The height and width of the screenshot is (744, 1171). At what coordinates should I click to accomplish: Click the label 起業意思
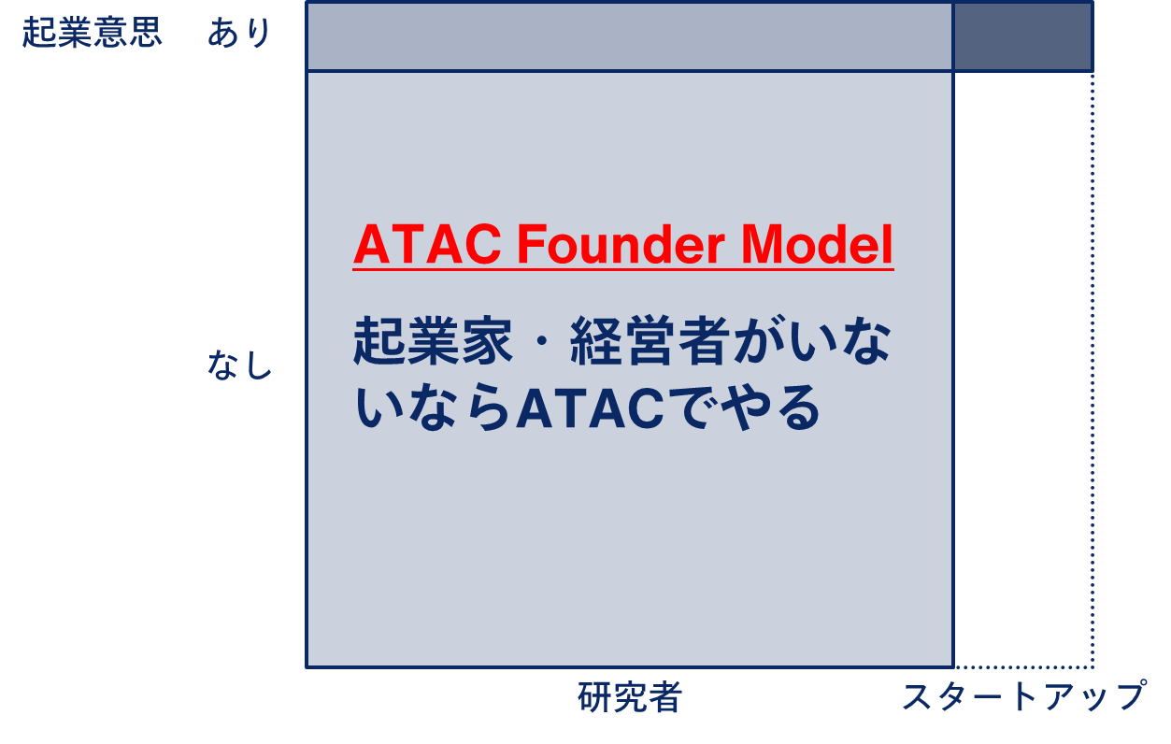[92, 33]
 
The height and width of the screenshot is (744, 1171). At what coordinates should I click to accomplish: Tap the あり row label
[239, 33]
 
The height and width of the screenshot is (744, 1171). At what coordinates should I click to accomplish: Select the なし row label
[240, 365]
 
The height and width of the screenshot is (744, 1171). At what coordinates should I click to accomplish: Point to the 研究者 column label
[629, 696]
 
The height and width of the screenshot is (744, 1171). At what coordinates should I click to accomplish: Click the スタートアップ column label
[1024, 696]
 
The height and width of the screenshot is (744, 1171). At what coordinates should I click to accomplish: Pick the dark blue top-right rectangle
[1023, 36]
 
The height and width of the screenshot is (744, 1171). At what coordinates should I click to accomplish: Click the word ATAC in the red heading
[427, 245]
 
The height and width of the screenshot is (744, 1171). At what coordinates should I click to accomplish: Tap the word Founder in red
[621, 245]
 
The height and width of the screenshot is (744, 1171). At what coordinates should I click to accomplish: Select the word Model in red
[817, 245]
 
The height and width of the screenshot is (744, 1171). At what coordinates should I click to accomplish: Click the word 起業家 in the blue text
[433, 340]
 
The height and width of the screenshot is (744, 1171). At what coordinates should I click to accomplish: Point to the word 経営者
[650, 340]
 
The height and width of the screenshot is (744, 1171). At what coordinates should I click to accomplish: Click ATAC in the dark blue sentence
[590, 408]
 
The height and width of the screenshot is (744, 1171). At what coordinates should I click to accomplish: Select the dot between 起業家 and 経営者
[542, 341]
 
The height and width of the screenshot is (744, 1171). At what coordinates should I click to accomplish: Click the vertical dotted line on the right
[1092, 369]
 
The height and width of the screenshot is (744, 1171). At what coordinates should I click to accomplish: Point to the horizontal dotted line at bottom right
[1023, 667]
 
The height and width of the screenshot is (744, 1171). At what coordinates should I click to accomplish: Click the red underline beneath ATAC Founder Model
[623, 269]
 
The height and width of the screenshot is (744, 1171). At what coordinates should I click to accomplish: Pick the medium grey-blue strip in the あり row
[630, 36]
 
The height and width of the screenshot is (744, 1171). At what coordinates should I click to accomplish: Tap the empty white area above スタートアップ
[1022, 368]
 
